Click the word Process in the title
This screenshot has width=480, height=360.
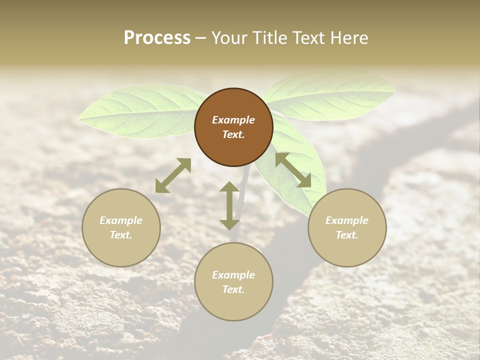coord(157,38)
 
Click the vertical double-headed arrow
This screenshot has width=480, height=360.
coord(229,205)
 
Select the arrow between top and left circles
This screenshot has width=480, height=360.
coord(173,175)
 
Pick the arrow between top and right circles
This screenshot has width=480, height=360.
coord(293,170)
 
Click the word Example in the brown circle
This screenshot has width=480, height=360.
coord(233,120)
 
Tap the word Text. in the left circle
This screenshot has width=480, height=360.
coord(121,235)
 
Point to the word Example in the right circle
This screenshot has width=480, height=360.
coord(347,220)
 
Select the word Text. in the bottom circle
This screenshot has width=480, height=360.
coord(233,289)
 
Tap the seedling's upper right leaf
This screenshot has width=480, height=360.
coord(330,95)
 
